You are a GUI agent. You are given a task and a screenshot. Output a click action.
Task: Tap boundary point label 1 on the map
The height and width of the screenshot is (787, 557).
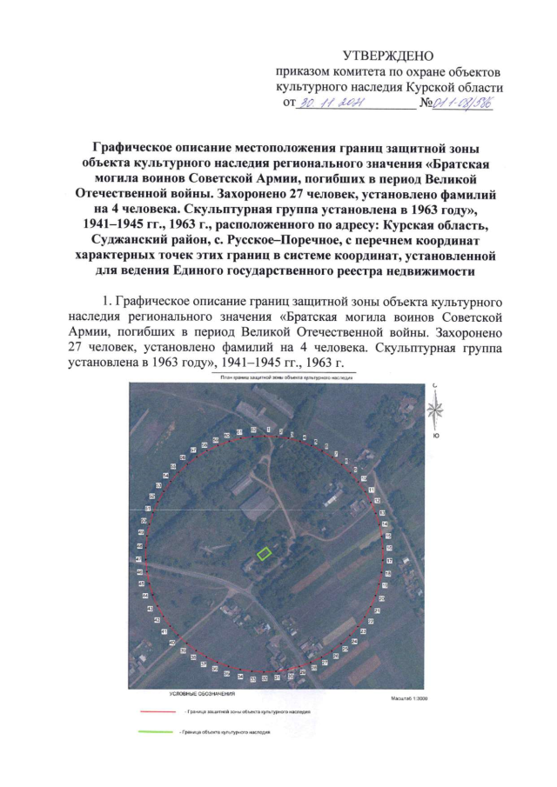coord(268,430)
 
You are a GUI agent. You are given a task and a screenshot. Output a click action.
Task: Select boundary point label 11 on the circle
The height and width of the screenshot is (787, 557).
coord(372,490)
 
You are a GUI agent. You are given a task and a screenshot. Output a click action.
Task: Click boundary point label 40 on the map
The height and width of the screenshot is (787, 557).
coord(172,643)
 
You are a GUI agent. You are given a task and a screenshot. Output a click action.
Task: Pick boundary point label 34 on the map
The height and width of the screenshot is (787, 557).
coord(240,676)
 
